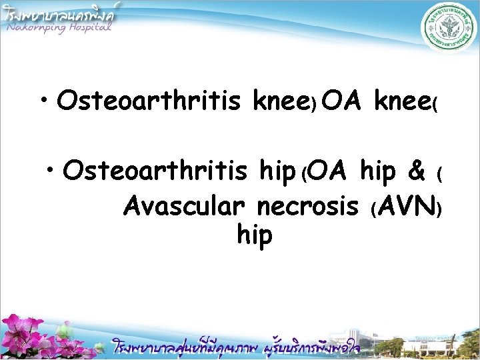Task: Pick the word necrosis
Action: click(307, 207)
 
